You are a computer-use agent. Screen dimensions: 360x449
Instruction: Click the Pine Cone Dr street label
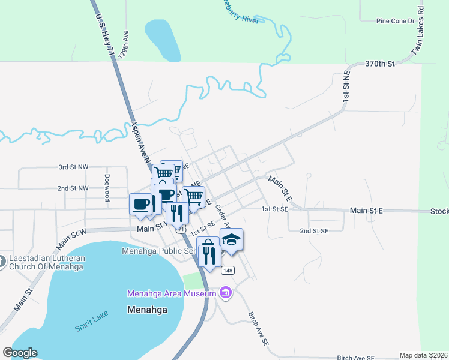[x=395, y=21]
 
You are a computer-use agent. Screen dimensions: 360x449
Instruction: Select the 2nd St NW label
[x=73, y=188]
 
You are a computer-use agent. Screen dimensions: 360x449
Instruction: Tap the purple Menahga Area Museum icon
[x=226, y=293]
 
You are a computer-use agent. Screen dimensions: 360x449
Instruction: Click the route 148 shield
[x=227, y=271]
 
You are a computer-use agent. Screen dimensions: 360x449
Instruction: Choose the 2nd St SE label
[x=314, y=231]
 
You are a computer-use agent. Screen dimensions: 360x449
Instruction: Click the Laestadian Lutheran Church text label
[x=47, y=263]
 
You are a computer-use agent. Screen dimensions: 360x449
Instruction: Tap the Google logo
[x=20, y=353]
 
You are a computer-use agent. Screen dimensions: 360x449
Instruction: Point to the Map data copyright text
[x=423, y=355]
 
